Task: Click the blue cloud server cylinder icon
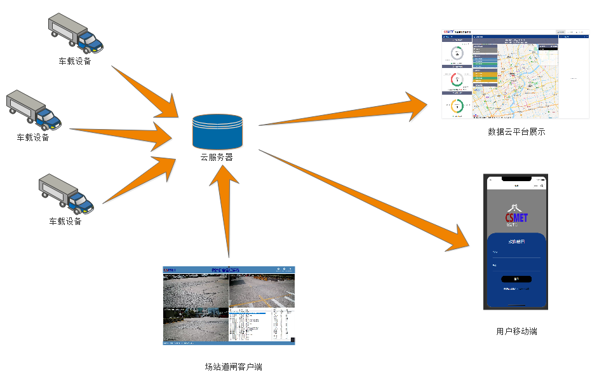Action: pyautogui.click(x=217, y=131)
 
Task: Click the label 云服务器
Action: pyautogui.click(x=217, y=157)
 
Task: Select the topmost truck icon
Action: pyautogui.click(x=76, y=33)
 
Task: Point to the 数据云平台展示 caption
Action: pyautogui.click(x=516, y=132)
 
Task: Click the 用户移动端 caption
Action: pyautogui.click(x=516, y=331)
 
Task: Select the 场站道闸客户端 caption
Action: pyautogui.click(x=233, y=367)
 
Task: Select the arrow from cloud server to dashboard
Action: pyautogui.click(x=343, y=112)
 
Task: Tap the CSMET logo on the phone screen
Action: pyautogui.click(x=516, y=216)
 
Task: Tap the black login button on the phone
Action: pyautogui.click(x=516, y=279)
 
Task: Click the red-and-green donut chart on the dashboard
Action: pyautogui.click(x=457, y=80)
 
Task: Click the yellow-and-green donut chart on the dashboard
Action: pyautogui.click(x=457, y=107)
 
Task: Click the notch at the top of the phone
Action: pyautogui.click(x=516, y=179)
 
